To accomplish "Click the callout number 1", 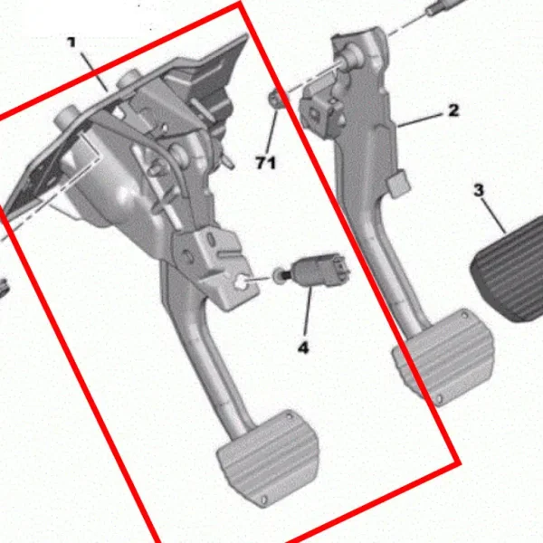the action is pyautogui.click(x=71, y=43).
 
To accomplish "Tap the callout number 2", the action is pyautogui.click(x=453, y=110).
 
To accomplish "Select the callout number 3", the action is pyautogui.click(x=479, y=190).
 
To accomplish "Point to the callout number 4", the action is pyautogui.click(x=303, y=348).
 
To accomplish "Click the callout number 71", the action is pyautogui.click(x=266, y=163).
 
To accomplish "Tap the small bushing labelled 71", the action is pyautogui.click(x=276, y=99).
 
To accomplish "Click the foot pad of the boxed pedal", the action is pyautogui.click(x=268, y=458).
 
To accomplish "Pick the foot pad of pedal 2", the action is pyautogui.click(x=443, y=356).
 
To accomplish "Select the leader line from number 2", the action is pyautogui.click(x=421, y=119).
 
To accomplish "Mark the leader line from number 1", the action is pyautogui.click(x=93, y=71).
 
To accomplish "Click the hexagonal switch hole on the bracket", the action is pyautogui.click(x=241, y=284).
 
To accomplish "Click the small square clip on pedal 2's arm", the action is pyautogui.click(x=399, y=184).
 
